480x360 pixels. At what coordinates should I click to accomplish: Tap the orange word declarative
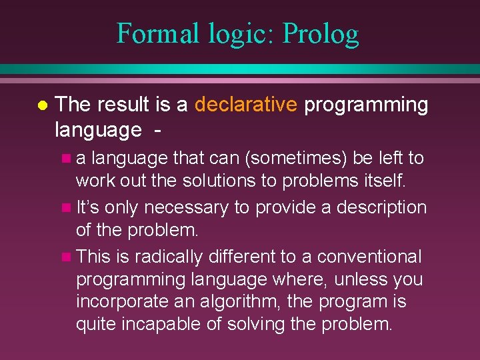click(x=245, y=105)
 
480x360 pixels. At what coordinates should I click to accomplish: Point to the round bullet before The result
click(x=41, y=105)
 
